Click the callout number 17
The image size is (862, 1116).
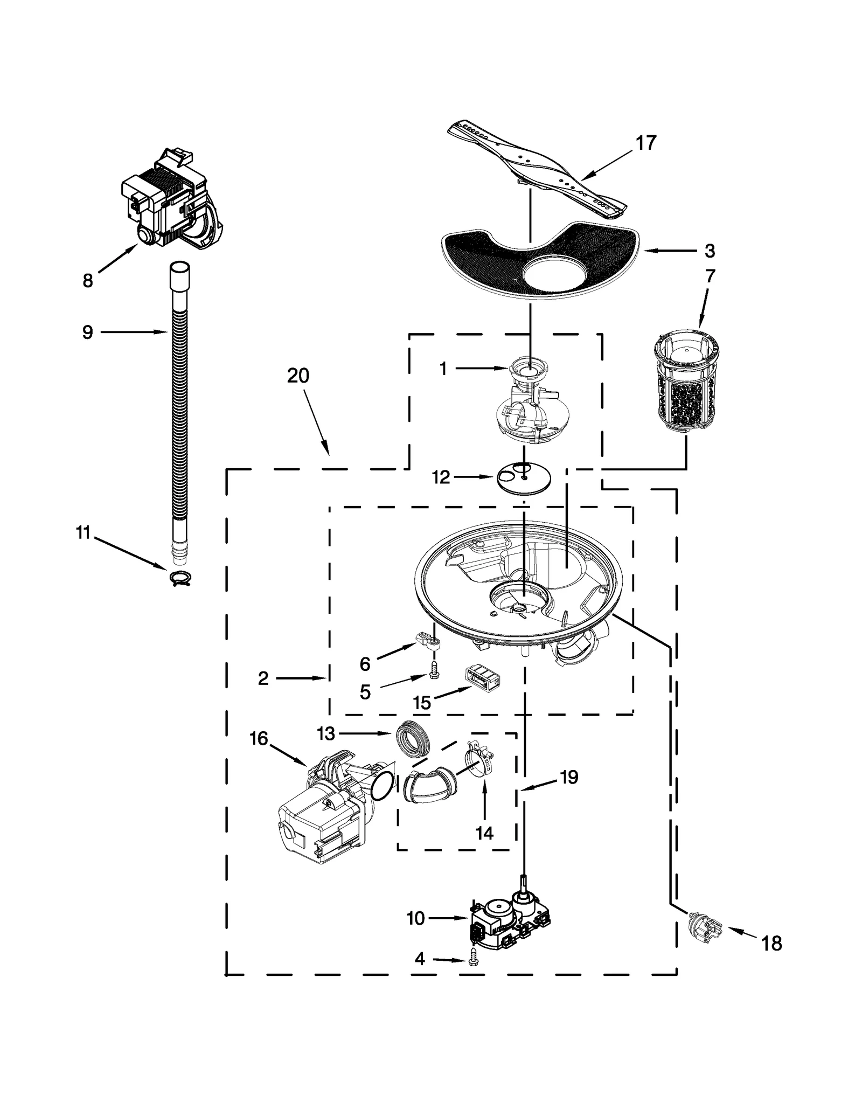click(x=645, y=143)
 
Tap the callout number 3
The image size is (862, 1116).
click(x=710, y=251)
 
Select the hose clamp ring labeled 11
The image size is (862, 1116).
click(x=180, y=578)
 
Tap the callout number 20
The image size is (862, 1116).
click(x=298, y=376)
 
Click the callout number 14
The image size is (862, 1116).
click(x=484, y=833)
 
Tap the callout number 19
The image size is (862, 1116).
click(x=569, y=777)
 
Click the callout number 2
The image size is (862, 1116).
click(x=263, y=678)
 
